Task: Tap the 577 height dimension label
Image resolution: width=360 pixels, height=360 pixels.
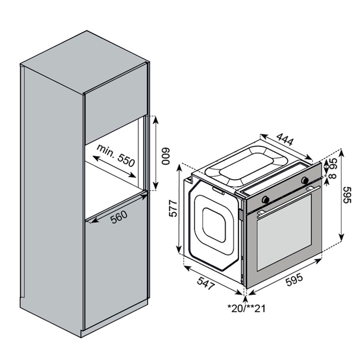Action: pos(173,208)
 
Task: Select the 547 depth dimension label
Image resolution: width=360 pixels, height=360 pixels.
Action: pos(206,283)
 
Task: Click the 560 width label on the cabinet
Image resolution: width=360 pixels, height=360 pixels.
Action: pos(119,217)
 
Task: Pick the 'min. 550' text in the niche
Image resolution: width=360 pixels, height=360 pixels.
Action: pos(116,156)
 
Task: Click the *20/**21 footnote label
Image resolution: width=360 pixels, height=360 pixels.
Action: pos(246,308)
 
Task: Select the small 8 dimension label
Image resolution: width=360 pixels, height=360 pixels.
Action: pos(332,176)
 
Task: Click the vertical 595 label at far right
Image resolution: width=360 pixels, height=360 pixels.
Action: pos(347,195)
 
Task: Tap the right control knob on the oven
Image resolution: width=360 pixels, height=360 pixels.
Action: pos(305,180)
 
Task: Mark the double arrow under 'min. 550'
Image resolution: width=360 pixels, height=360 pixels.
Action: pos(114,167)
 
